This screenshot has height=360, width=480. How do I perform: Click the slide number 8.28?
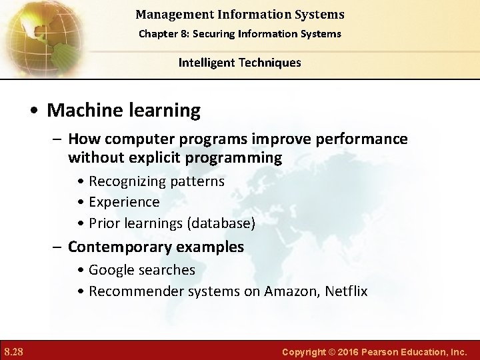pos(14,351)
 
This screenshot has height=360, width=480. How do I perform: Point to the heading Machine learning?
pos(123,110)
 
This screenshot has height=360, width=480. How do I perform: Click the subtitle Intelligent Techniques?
pos(239,63)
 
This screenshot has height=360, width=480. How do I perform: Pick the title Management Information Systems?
pos(239,14)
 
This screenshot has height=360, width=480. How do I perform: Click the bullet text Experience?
pos(124,202)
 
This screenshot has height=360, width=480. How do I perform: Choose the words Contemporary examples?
pos(156,247)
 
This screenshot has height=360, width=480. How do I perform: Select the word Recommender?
pos(129,291)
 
